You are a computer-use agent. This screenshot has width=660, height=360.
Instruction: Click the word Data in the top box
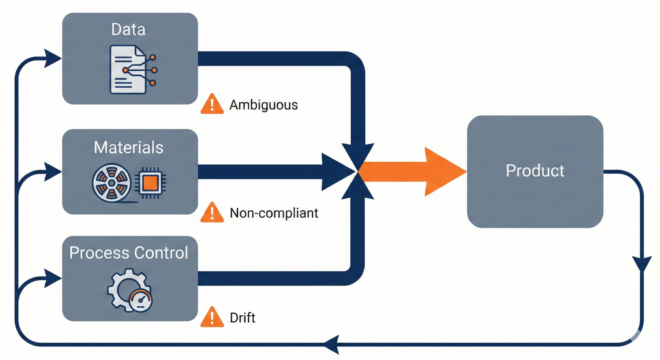coord(128,29)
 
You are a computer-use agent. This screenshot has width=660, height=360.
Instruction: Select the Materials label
coord(128,148)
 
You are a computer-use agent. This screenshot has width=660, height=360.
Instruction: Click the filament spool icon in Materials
coord(112,183)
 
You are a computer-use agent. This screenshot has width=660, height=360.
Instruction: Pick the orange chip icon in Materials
coord(150,183)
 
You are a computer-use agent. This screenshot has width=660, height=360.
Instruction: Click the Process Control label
coord(129,253)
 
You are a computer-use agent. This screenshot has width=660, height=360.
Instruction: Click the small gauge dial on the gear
coord(141,301)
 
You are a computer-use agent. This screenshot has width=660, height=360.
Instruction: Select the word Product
coord(535,171)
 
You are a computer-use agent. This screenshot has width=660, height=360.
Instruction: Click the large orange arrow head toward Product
coord(444,172)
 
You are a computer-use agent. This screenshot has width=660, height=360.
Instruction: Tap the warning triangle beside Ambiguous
coord(212,105)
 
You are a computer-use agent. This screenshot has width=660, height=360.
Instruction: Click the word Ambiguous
coord(264,105)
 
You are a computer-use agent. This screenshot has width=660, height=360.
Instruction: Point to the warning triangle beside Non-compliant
coord(212,213)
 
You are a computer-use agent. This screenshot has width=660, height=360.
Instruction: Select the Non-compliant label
coord(274,213)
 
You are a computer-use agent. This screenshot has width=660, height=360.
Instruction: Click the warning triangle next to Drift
coord(212,317)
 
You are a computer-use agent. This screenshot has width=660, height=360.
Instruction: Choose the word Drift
coord(242,318)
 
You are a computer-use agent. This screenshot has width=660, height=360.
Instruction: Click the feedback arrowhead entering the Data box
coord(52,59)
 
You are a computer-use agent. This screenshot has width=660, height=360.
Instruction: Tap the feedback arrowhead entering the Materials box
coord(52,171)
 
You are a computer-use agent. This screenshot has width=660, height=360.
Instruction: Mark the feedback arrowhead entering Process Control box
coord(52,278)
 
